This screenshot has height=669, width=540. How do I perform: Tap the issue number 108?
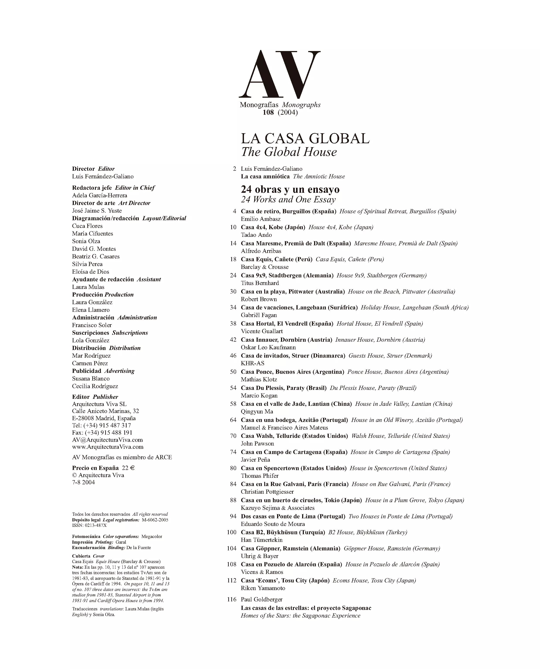pyautogui.click(x=268, y=112)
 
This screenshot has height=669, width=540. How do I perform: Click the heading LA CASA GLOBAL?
pyautogui.click(x=305, y=138)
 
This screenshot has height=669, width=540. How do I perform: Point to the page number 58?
pyautogui.click(x=233, y=404)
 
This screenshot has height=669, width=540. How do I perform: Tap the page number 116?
pyautogui.click(x=232, y=599)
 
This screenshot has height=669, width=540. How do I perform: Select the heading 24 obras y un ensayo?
pyautogui.click(x=290, y=189)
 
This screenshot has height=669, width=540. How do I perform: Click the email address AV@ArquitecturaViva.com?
pyautogui.click(x=107, y=440)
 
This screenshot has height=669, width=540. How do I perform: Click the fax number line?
pyautogui.click(x=102, y=433)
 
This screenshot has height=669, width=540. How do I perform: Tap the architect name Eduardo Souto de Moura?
pyautogui.click(x=273, y=524)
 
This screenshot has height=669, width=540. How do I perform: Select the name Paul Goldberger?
pyautogui.click(x=262, y=599)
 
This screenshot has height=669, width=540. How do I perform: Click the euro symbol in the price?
pyautogui.click(x=132, y=468)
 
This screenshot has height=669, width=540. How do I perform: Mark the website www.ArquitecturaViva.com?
pyautogui.click(x=108, y=447)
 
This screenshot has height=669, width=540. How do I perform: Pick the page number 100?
pyautogui.click(x=232, y=532)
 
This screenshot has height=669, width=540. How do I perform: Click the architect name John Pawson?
pyautogui.click(x=257, y=444)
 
